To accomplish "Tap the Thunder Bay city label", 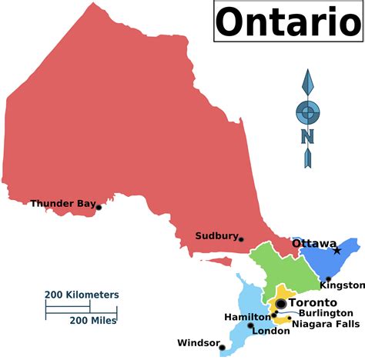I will point(63,204).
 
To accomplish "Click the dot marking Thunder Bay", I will point(99,207).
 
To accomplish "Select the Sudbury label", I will point(216,236).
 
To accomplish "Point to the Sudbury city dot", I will point(241,239).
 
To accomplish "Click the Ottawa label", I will point(313,243).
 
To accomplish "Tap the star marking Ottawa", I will point(337,250).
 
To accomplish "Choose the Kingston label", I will point(338,285).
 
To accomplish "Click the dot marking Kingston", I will point(329,278).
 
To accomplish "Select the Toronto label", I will point(316,302).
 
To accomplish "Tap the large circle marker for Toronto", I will point(281,304).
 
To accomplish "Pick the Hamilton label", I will point(247,317).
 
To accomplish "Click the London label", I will point(271,332).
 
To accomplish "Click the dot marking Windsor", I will point(223,347).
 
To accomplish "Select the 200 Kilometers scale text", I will point(82,295).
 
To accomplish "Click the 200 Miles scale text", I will point(93,320).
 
